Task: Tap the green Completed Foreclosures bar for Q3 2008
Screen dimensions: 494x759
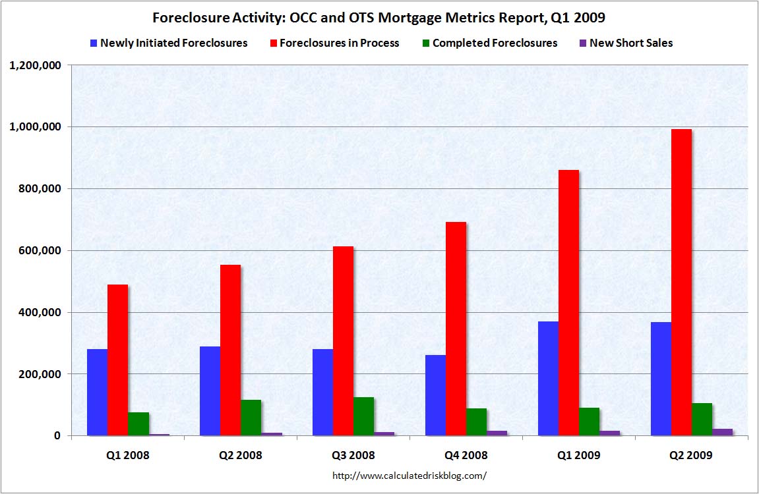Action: coord(363,416)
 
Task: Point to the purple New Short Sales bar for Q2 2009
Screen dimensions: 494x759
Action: coord(722,432)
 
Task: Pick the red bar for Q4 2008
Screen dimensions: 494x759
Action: coord(456,329)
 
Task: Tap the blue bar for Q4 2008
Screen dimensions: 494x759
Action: coord(435,395)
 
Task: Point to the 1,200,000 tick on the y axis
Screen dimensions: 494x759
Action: coord(34,65)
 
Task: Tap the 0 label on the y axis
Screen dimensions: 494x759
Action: coord(57,436)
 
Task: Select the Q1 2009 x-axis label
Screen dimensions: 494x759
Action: coord(578,455)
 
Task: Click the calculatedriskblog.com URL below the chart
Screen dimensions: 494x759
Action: coord(410,475)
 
